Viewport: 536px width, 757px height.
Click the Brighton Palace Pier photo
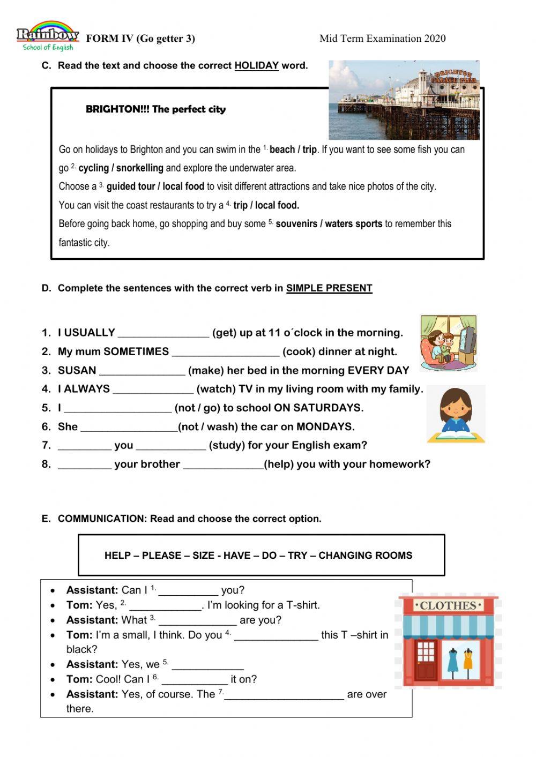pyautogui.click(x=404, y=100)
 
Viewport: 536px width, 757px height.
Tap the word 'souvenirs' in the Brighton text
pyautogui.click(x=296, y=224)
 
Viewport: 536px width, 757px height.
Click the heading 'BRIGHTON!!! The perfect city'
pyautogui.click(x=155, y=109)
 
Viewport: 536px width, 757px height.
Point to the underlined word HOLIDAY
pyautogui.click(x=256, y=66)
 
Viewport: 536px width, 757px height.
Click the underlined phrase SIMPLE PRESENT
pyautogui.click(x=329, y=288)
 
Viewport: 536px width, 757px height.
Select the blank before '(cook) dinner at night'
pyautogui.click(x=225, y=353)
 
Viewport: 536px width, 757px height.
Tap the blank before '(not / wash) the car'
pyautogui.click(x=129, y=428)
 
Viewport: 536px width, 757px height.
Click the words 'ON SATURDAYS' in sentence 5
pyautogui.click(x=318, y=408)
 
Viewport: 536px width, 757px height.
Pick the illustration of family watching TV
pyautogui.click(x=448, y=343)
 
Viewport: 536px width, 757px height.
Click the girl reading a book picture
pyautogui.click(x=456, y=415)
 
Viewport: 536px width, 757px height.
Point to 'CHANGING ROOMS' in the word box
pyautogui.click(x=365, y=556)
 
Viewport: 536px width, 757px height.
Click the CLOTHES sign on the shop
pyautogui.click(x=448, y=606)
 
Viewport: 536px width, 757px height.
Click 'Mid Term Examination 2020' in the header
pyautogui.click(x=382, y=39)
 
